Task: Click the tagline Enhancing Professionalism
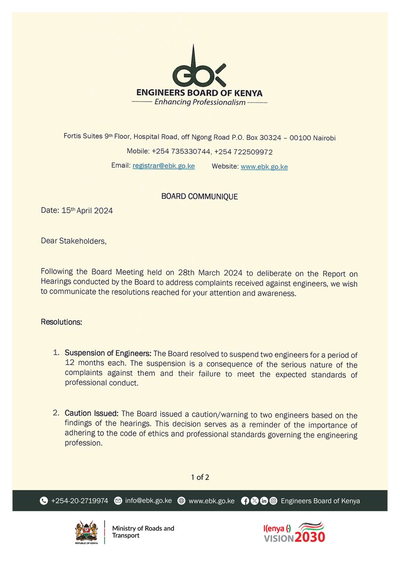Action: click(200, 102)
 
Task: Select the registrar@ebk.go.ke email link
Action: click(164, 166)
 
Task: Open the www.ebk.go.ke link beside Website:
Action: click(264, 167)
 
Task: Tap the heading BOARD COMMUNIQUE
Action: click(200, 196)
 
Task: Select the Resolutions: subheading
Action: click(61, 323)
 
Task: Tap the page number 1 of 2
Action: click(200, 477)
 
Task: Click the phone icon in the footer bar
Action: click(44, 501)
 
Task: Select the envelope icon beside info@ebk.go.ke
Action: click(118, 501)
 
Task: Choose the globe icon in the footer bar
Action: click(182, 501)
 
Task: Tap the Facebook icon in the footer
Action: click(245, 501)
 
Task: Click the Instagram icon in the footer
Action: click(273, 501)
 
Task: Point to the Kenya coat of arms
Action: click(87, 531)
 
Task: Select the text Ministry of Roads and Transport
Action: click(143, 532)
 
